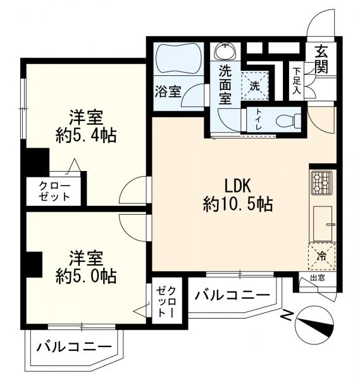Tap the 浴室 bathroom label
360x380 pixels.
(168, 91)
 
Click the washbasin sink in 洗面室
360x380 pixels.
(226, 50)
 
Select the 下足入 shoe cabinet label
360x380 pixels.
(296, 81)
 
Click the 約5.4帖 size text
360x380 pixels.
(86, 135)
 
